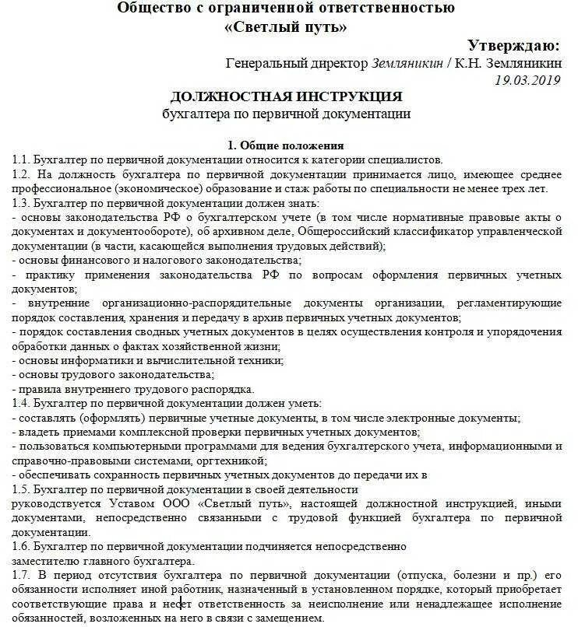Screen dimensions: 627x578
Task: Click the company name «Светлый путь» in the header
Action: [x=286, y=27]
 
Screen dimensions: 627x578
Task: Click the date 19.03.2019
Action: [x=527, y=79]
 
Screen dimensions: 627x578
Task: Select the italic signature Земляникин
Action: [x=408, y=63]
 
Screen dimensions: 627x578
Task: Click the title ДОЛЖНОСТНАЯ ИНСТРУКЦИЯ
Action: [x=286, y=97]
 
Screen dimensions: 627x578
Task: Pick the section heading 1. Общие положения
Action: [x=285, y=145]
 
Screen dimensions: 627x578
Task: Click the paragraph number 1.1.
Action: [x=22, y=159]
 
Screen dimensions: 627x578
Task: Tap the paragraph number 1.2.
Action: [x=22, y=173]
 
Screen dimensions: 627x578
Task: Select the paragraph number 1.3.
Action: [x=22, y=203]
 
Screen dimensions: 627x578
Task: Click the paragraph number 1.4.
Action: [x=22, y=403]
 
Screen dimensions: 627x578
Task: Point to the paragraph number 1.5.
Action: [x=22, y=489]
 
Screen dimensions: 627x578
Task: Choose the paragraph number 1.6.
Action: [x=22, y=547]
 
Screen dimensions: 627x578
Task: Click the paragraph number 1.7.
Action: [x=22, y=576]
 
